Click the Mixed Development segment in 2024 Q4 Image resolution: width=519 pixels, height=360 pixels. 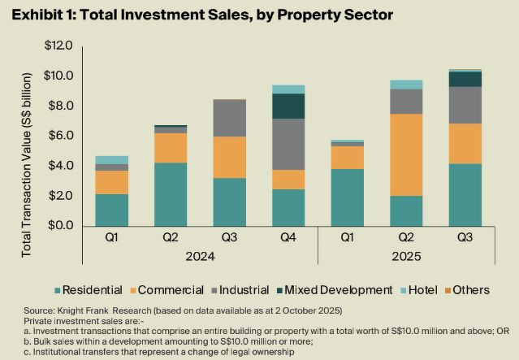[x=288, y=106]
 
